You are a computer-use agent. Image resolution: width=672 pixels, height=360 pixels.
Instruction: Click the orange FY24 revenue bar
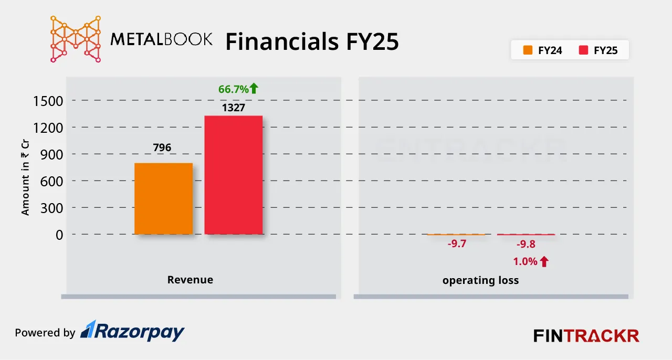coord(163,198)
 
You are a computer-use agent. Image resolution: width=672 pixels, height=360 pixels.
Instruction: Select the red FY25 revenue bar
coord(233,175)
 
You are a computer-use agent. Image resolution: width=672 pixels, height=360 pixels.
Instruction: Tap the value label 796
coord(162,148)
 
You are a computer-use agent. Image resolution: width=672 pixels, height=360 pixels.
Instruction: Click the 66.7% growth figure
coord(233,89)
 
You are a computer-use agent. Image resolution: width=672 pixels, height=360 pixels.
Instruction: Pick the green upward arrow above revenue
coord(254,89)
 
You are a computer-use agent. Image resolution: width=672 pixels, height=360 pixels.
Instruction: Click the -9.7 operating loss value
coord(456,244)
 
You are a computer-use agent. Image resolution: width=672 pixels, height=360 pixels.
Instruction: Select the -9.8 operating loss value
coord(526,244)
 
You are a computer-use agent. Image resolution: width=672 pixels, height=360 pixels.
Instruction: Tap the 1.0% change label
coord(525,261)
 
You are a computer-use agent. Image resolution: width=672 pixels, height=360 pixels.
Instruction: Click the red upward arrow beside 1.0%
coord(544,261)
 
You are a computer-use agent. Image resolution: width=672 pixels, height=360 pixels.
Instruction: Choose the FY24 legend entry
coord(543,51)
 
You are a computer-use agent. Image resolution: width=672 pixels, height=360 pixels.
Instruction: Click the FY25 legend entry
coord(598,51)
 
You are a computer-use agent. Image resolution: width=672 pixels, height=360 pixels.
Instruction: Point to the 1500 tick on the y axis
coord(48,101)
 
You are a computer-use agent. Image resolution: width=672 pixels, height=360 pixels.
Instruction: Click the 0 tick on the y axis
coord(59,235)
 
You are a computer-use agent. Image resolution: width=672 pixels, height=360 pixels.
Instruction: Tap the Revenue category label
coord(190,280)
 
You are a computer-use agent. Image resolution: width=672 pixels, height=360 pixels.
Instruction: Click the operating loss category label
coord(480,280)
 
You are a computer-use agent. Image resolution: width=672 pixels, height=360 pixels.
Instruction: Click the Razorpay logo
coord(132,332)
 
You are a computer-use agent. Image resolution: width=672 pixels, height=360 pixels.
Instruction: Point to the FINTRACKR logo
coord(586,335)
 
